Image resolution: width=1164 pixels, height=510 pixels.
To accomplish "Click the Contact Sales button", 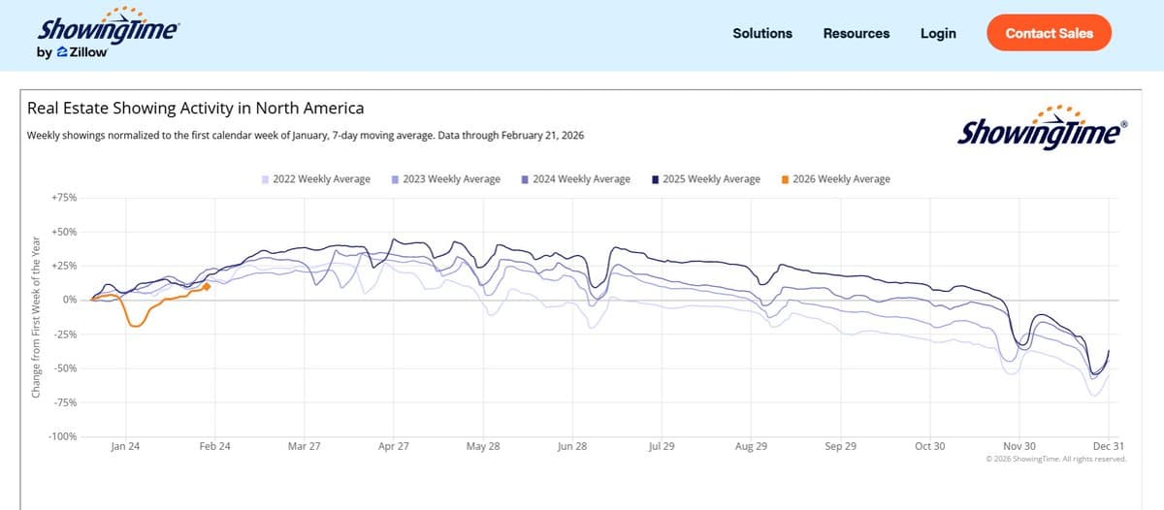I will [x=1049, y=33].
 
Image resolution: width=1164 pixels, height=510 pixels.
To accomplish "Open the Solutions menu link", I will [x=762, y=33].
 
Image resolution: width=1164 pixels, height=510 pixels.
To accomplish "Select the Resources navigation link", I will [x=857, y=33].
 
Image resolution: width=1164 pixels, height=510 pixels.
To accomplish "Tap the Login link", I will [x=938, y=33].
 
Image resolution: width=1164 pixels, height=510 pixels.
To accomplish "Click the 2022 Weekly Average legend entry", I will [x=316, y=179].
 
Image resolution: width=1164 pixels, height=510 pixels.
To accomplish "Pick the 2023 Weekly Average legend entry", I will [x=446, y=179].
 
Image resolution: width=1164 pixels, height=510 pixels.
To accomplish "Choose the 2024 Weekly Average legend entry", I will [x=576, y=179].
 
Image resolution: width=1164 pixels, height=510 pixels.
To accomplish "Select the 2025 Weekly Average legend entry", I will [x=706, y=179].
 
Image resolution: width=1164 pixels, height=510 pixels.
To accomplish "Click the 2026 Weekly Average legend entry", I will [x=835, y=179].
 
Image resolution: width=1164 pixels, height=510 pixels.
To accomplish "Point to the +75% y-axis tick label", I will [x=64, y=198].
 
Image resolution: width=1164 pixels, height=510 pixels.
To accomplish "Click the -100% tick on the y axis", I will [x=64, y=437].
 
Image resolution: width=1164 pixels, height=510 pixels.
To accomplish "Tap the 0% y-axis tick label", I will [x=70, y=301].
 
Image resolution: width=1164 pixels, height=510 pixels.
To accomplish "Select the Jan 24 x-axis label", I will [x=125, y=447].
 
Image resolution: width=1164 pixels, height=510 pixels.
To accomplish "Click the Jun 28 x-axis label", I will [x=572, y=447].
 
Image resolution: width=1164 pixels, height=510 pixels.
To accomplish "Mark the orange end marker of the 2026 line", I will [x=207, y=286].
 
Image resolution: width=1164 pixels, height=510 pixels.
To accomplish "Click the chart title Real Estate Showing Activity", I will [x=195, y=108].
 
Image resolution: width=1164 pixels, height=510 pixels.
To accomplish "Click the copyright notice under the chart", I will [x=1055, y=459].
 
